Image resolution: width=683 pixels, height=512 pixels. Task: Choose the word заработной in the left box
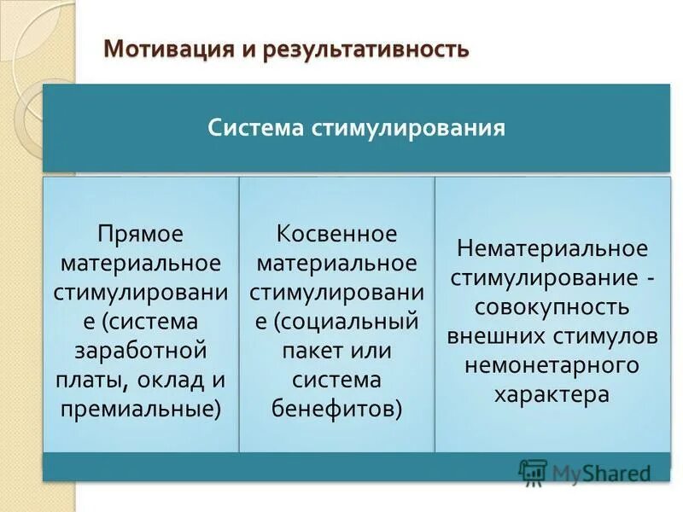tap(141, 351)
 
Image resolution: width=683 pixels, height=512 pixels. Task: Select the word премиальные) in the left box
tap(141, 409)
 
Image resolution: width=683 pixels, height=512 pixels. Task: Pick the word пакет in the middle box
tap(307, 351)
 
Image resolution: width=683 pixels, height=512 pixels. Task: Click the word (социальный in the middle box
tap(347, 322)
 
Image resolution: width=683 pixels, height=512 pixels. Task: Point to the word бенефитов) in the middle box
tap(337, 409)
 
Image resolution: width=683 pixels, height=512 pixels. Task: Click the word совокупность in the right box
tap(552, 306)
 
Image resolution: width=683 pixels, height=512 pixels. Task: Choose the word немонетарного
tap(552, 365)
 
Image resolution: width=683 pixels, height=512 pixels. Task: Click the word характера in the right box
tap(552, 394)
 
